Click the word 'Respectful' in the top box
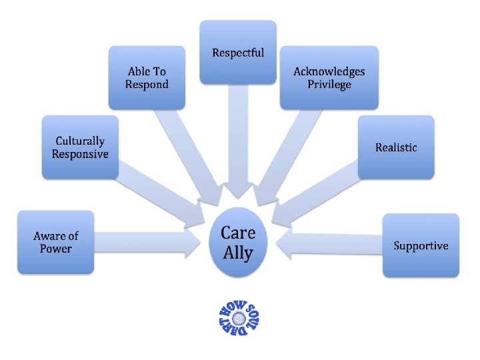238,53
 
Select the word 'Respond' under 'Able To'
147,85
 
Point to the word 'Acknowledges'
329,71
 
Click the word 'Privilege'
329,85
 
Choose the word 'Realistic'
396,147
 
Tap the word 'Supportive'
421,245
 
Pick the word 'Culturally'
80,141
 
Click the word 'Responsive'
80,154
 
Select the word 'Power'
56,249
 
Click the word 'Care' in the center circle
238,233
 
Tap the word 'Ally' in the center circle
238,253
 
